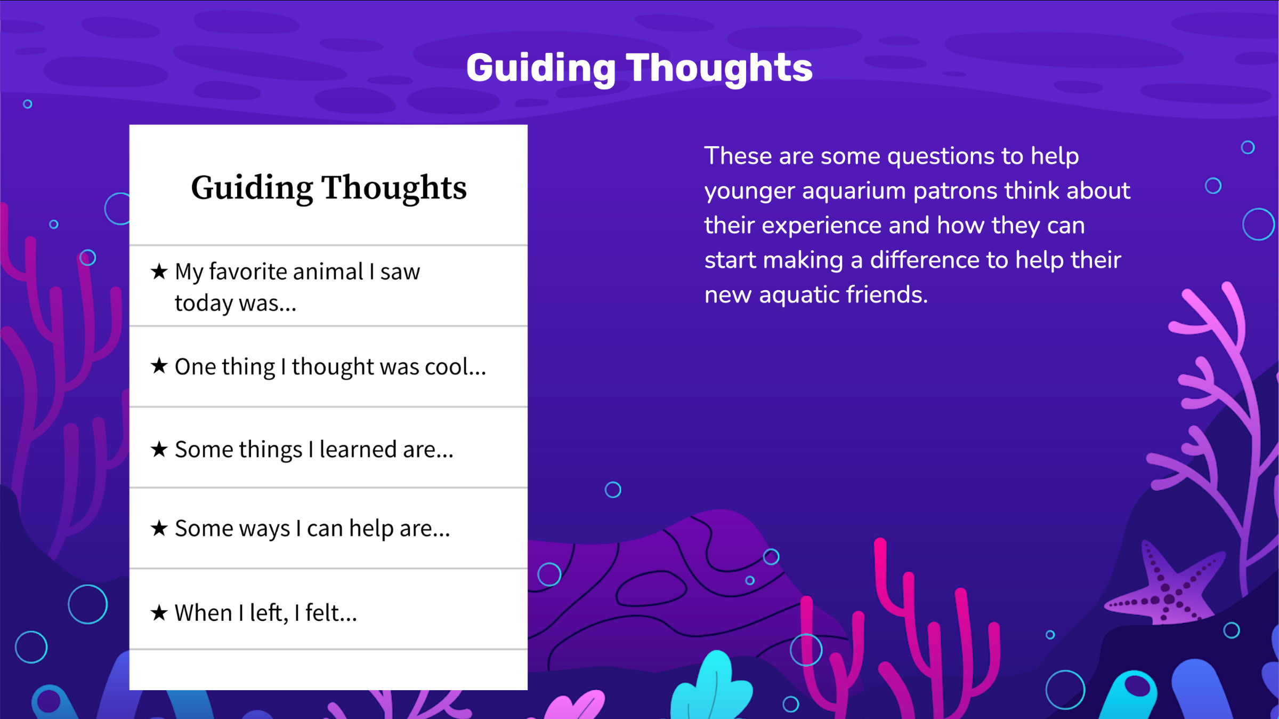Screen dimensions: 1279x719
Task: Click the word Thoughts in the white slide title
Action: (x=719, y=68)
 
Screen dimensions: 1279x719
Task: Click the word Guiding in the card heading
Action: (x=252, y=189)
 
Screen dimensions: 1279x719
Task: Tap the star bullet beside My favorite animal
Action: (x=159, y=271)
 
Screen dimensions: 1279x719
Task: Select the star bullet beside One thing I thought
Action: (x=159, y=366)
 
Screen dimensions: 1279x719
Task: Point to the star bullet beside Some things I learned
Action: (x=159, y=449)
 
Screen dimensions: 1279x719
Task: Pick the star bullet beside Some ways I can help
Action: (x=159, y=528)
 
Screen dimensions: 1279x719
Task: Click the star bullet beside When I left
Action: (x=159, y=612)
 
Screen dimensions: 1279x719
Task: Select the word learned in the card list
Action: (x=358, y=449)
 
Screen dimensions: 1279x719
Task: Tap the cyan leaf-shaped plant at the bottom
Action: (x=711, y=685)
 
